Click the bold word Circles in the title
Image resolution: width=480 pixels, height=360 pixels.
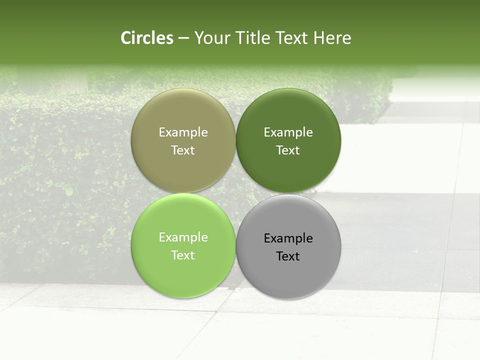pos(147,38)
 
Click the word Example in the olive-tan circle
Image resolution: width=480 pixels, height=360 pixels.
pos(183,132)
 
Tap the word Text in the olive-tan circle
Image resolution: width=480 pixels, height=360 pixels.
pos(183,150)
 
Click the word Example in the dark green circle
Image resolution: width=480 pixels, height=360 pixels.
pos(288,132)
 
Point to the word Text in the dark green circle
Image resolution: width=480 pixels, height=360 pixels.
pos(288,150)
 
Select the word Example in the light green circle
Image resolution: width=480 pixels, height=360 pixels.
pos(183,237)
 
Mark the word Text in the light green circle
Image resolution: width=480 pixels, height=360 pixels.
pos(183,255)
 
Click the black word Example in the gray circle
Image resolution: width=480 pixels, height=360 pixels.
pos(288,238)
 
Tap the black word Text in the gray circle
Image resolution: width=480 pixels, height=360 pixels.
pos(288,256)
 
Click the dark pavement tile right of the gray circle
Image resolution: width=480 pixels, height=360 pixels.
pos(395,235)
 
